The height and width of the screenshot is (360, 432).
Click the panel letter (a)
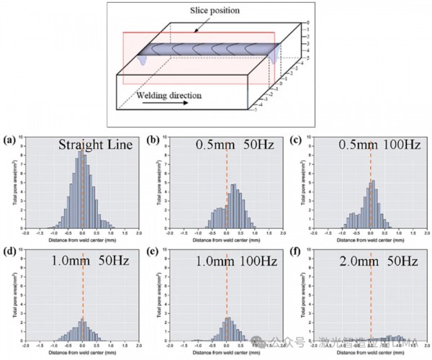click(x=9, y=139)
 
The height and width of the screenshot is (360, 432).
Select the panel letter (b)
click(x=153, y=139)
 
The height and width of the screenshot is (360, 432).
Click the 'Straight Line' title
click(x=96, y=144)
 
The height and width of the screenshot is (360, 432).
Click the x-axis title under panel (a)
click(x=82, y=240)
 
